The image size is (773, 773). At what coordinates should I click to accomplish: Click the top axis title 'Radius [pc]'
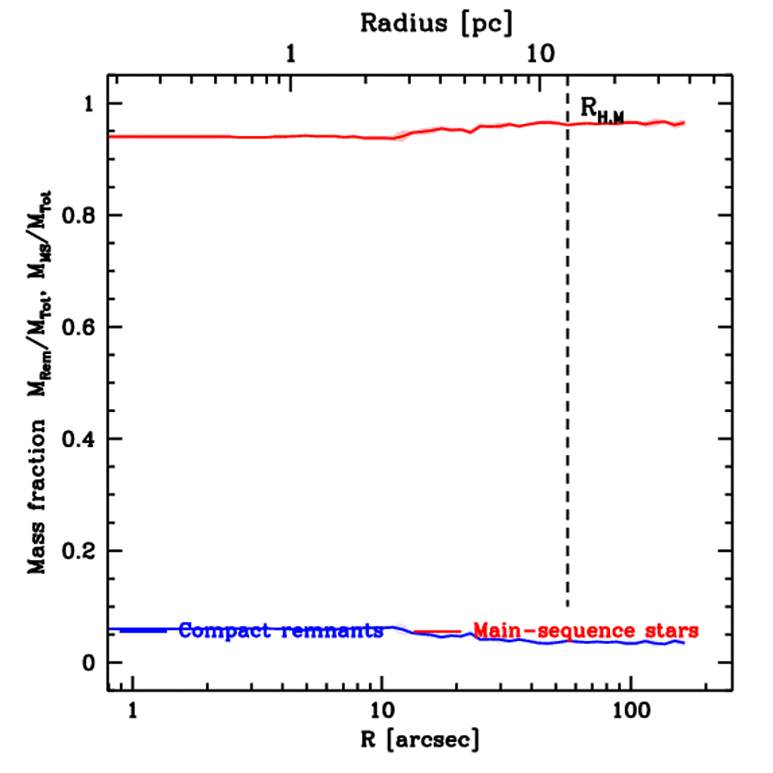[436, 23]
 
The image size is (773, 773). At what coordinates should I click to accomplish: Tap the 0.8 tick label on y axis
[81, 216]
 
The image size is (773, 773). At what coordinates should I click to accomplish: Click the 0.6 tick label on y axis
[81, 328]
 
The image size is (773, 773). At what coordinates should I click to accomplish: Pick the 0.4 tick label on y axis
[81, 439]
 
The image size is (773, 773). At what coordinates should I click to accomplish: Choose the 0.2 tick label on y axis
[81, 551]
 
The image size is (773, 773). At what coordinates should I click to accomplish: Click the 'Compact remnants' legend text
[281, 630]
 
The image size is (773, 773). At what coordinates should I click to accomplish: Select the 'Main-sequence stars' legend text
[585, 630]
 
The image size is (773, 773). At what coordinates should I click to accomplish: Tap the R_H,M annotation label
[602, 110]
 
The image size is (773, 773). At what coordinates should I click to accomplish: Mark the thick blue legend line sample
[143, 630]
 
